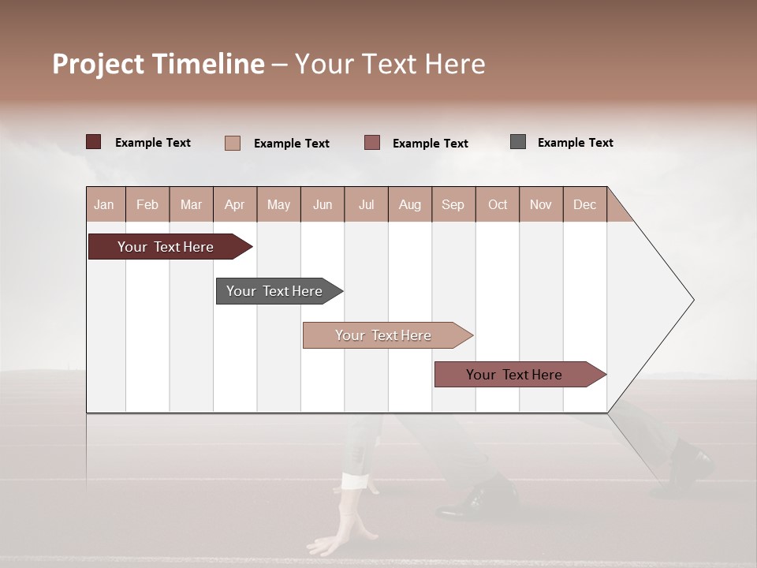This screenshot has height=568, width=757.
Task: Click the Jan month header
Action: pyautogui.click(x=104, y=204)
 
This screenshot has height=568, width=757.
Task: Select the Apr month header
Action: pyautogui.click(x=234, y=204)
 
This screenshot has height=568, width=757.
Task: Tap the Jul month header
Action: pyautogui.click(x=366, y=204)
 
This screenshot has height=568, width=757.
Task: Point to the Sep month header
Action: pyautogui.click(x=453, y=204)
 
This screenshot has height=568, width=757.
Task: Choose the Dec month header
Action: pyautogui.click(x=584, y=204)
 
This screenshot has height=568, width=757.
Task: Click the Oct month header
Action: pyautogui.click(x=498, y=204)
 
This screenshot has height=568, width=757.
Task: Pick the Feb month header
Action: pyautogui.click(x=147, y=204)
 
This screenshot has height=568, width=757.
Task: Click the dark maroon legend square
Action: pyautogui.click(x=94, y=142)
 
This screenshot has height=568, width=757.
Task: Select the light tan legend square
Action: pyautogui.click(x=233, y=143)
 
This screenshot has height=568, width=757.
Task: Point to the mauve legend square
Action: pyautogui.click(x=372, y=142)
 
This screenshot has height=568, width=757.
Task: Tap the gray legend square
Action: pyautogui.click(x=518, y=142)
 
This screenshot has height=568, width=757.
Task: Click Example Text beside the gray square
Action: pyautogui.click(x=575, y=143)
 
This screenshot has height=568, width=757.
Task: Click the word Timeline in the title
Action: pyautogui.click(x=207, y=64)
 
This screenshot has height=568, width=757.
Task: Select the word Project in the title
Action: pyautogui.click(x=98, y=64)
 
